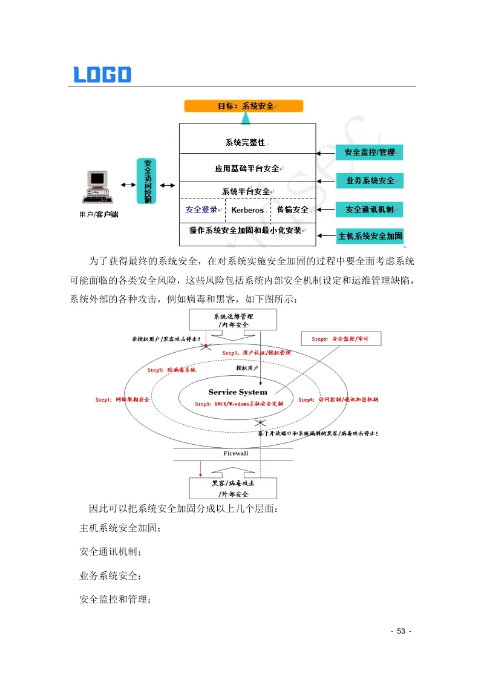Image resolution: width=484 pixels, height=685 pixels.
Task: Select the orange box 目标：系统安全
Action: pos(244,106)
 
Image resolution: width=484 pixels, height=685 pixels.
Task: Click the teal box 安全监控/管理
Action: pos(370,152)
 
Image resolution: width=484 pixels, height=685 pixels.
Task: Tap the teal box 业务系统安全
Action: pos(370,180)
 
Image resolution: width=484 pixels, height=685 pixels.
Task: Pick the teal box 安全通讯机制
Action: pos(370,209)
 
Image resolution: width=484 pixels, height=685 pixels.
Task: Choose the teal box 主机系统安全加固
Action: pos(370,236)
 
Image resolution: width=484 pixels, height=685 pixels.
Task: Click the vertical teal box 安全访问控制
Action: pos(147,181)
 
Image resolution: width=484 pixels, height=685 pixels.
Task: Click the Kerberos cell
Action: pos(247,210)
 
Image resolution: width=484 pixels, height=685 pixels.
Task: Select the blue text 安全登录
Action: pos(201,210)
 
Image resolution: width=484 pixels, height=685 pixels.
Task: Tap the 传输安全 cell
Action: pos(293,210)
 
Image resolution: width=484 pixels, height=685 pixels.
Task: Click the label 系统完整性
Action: pos(245,142)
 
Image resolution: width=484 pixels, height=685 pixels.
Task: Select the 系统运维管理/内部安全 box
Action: pos(233,320)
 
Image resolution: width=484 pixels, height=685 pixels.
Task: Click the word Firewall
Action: pos(235,453)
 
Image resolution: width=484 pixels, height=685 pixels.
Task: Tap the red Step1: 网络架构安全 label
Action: pos(123,400)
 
